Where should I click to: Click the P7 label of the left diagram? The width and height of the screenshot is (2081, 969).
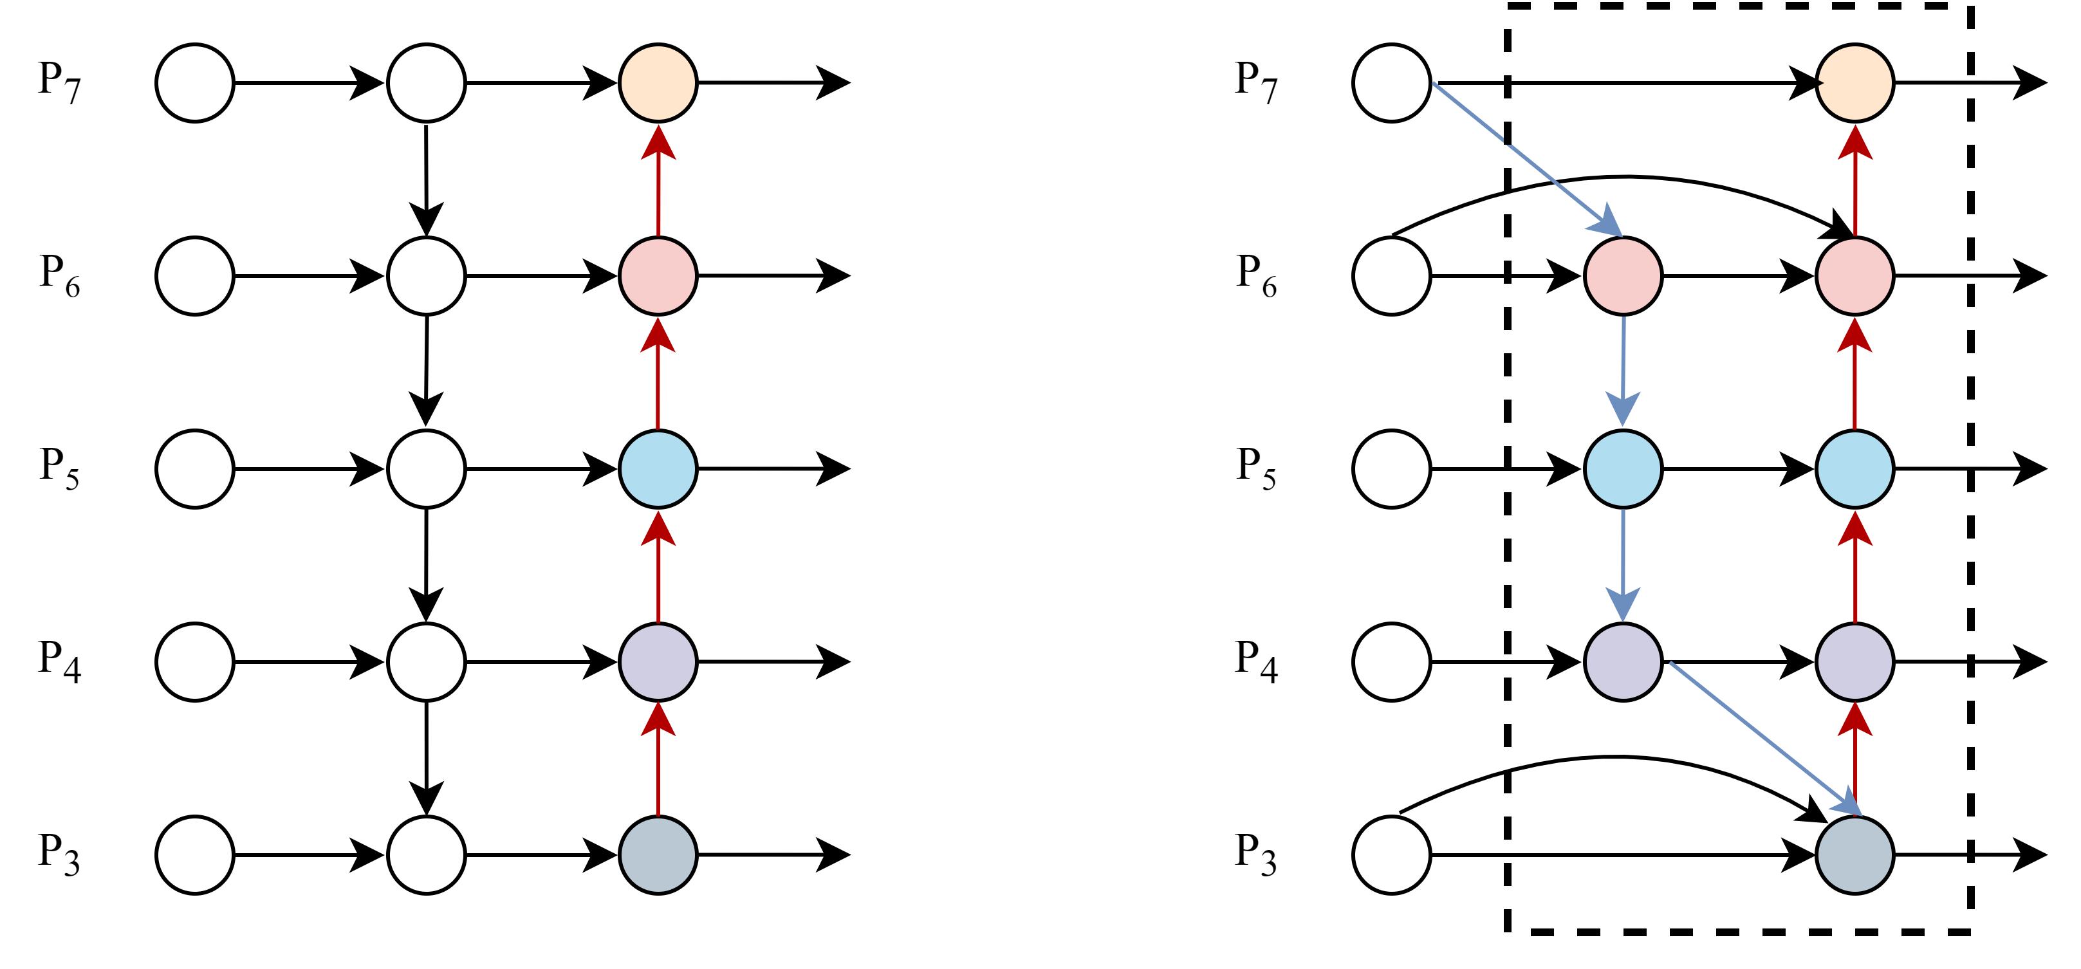[x=60, y=82]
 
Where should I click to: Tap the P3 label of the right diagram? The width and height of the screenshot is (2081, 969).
[x=1256, y=854]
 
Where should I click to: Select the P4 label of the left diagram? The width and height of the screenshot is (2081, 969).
[x=60, y=661]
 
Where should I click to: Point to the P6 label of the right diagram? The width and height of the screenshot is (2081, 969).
[x=1256, y=275]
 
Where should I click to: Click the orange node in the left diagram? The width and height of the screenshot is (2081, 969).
[x=658, y=82]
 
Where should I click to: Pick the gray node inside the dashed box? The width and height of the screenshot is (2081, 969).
[x=1854, y=854]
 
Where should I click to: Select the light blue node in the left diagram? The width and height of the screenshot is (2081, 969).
[x=658, y=468]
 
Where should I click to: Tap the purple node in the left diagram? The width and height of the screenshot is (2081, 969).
[x=658, y=661]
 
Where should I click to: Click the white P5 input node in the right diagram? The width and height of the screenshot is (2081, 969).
[x=1391, y=468]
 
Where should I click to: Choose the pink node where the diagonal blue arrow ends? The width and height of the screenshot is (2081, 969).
[x=1623, y=275]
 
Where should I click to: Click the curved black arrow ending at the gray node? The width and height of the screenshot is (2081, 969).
[x=1616, y=757]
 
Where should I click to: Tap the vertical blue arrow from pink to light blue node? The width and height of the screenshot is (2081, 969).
[x=1623, y=371]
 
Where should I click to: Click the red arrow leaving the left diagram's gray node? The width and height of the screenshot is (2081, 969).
[x=658, y=759]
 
